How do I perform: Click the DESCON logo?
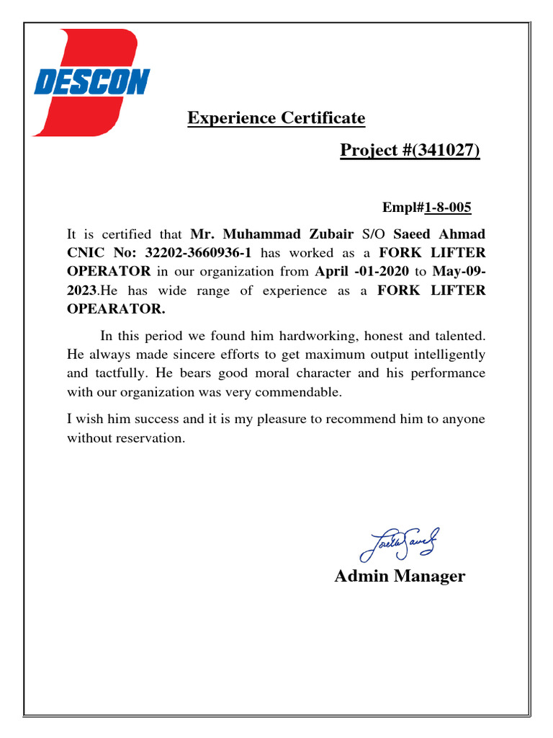(90, 82)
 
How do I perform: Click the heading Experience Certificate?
(276, 117)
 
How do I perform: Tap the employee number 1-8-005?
(448, 208)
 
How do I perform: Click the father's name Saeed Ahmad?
(439, 234)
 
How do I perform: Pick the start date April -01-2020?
(361, 272)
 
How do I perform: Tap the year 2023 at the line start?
(81, 290)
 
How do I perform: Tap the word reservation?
(150, 438)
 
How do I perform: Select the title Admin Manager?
(400, 577)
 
